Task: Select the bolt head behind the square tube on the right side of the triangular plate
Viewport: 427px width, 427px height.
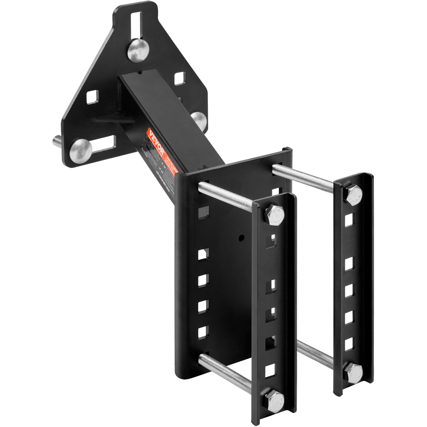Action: pos(199,120)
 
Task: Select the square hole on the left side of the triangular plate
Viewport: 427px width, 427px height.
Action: pos(92,97)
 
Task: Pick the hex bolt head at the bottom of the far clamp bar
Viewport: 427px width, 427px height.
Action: pos(353,373)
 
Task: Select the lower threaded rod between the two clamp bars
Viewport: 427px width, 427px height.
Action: pos(315,354)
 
